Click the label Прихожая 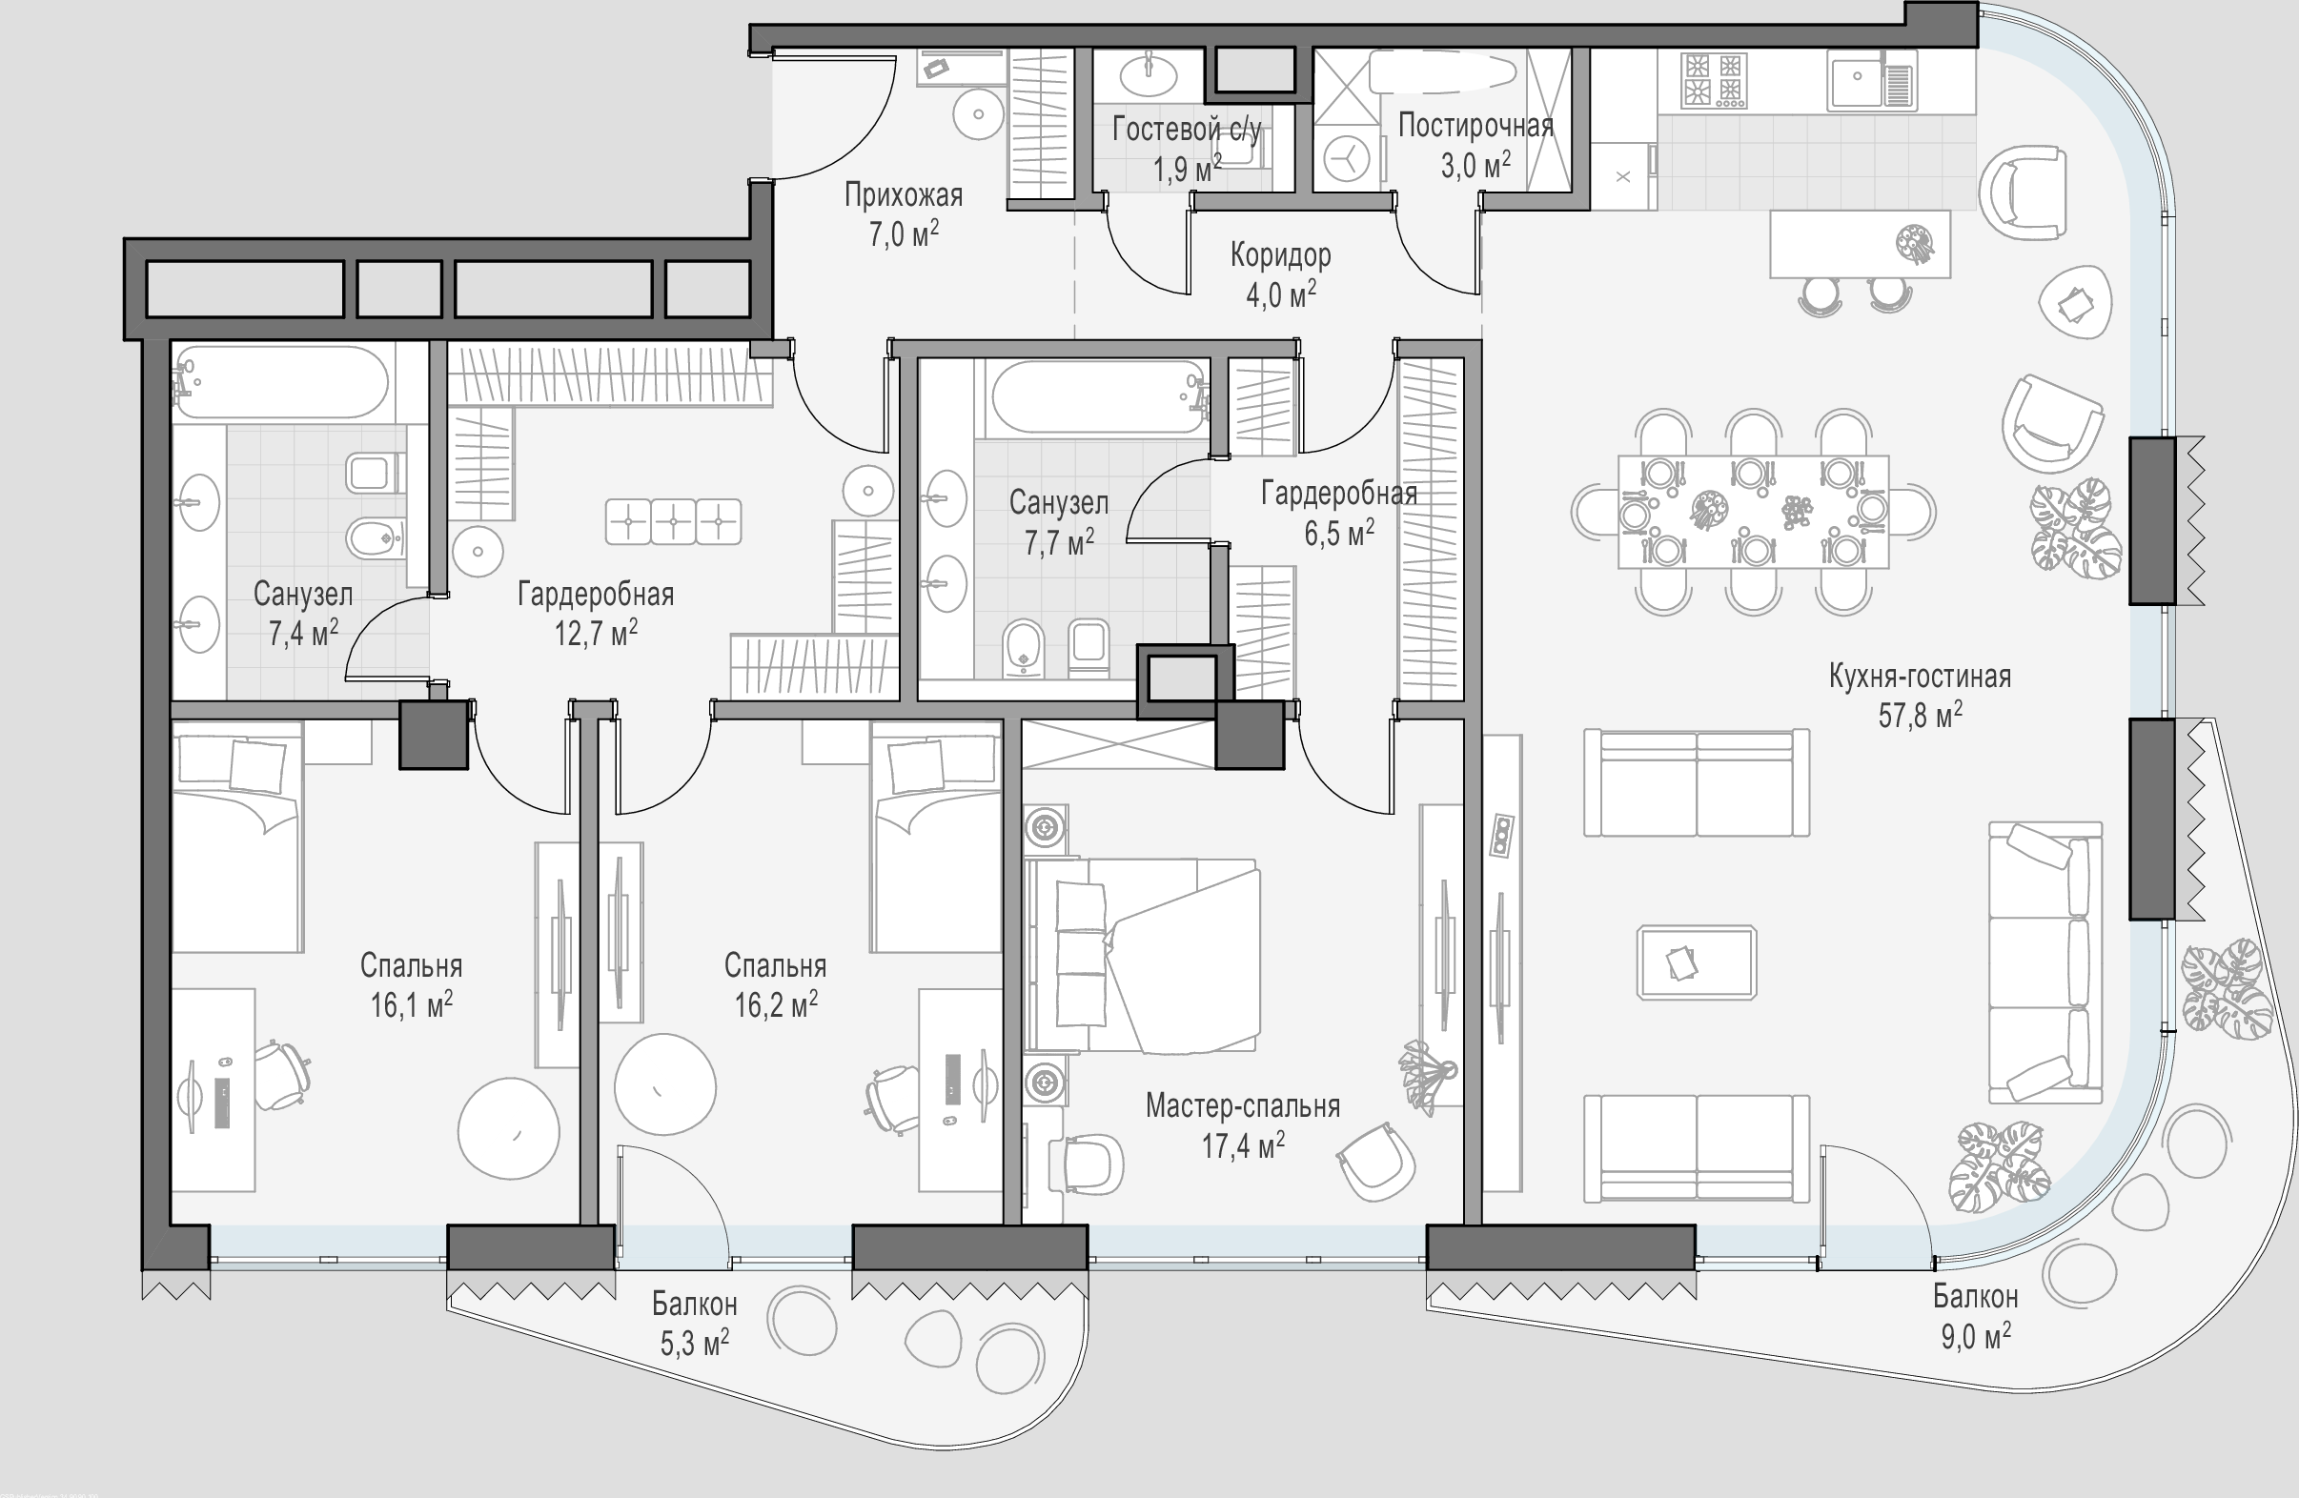pos(904,195)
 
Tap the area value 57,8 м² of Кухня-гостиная pos(1920,716)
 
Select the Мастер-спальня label pos(1242,1106)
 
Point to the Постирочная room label pos(1475,126)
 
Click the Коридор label pos(1280,255)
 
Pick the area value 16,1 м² pos(412,1005)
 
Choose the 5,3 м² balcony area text pos(695,1344)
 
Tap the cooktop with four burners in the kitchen pos(1714,79)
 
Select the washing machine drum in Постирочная pos(1347,158)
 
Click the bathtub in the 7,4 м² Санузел pos(281,382)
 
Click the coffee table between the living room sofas pos(1697,962)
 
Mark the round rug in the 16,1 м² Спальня pos(508,1129)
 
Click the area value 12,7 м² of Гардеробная pos(595,634)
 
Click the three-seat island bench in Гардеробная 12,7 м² pos(673,521)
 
